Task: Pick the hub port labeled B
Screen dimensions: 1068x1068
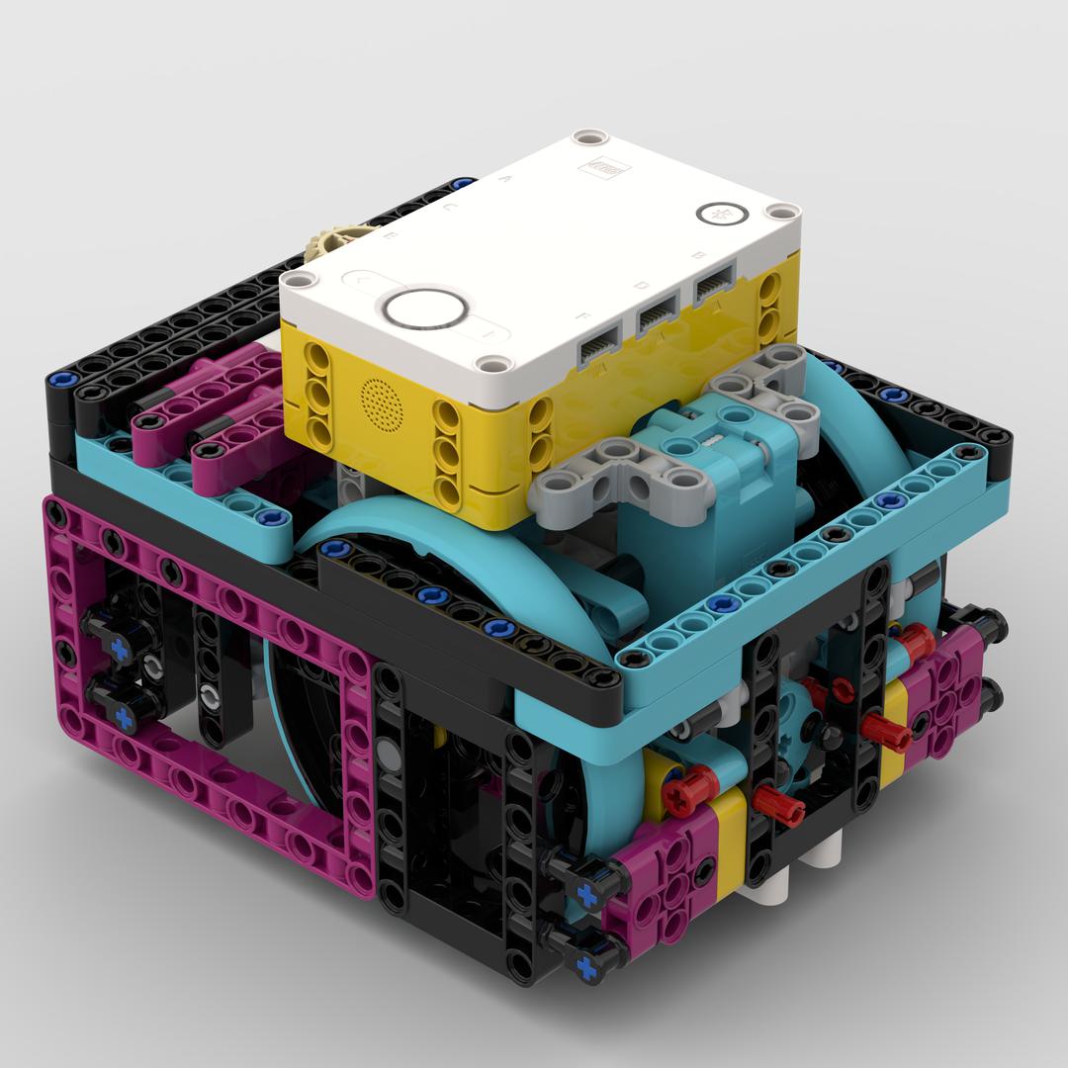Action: coord(713,287)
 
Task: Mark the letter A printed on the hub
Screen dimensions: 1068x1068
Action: coord(508,180)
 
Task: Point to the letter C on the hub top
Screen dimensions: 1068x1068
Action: coord(450,209)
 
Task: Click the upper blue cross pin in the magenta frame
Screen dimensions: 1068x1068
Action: coord(120,649)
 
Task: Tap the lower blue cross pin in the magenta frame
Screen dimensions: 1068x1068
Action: coord(124,714)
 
